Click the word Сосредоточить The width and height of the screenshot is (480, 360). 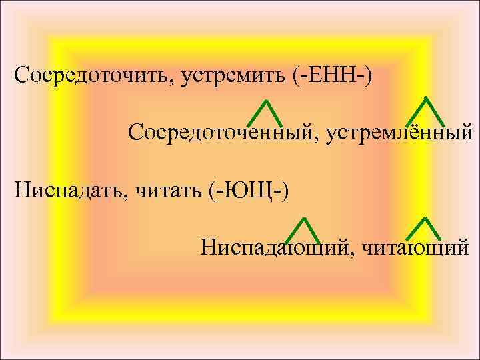pos(92,75)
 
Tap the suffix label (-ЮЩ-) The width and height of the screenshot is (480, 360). pos(248,191)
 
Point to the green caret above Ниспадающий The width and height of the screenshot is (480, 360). pos(303,231)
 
